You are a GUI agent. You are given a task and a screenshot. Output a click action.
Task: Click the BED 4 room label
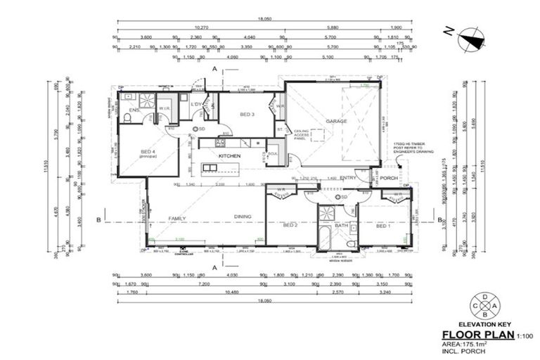coord(148,152)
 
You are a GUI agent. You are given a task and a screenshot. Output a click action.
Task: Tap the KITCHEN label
coord(230,155)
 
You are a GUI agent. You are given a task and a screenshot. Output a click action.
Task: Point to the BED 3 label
coord(247,114)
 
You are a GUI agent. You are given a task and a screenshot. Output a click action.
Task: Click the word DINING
coord(243,218)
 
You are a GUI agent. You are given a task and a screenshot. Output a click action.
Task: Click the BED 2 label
coord(290,225)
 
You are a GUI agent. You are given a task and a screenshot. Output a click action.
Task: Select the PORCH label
coord(389,178)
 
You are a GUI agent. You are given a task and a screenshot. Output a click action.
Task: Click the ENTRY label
coord(348,178)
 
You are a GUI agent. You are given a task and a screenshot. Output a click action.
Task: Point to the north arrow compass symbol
coord(470,40)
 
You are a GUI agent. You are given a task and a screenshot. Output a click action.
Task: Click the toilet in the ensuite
coord(127,116)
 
